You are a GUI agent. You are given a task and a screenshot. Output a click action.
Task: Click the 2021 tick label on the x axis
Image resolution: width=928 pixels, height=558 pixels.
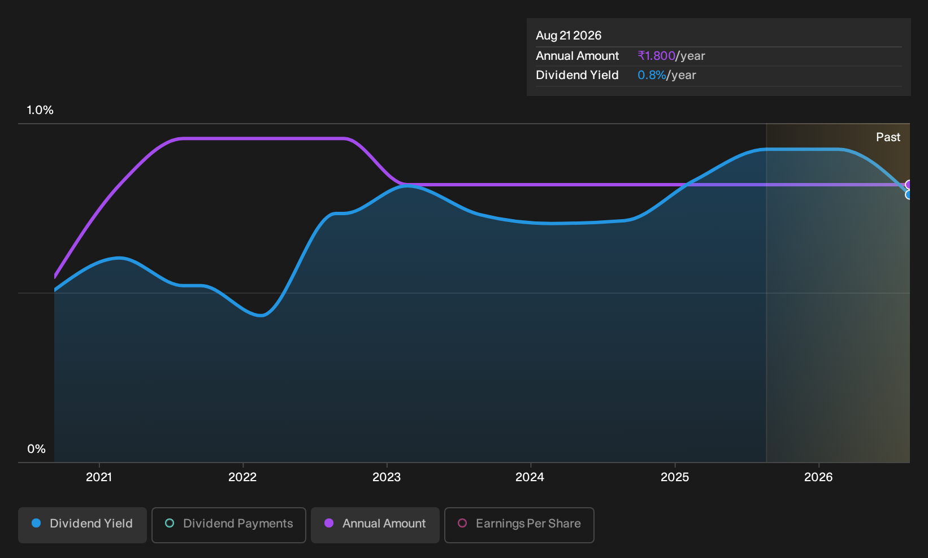pos(98,477)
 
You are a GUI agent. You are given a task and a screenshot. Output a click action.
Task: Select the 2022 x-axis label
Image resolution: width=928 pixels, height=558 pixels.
pos(242,477)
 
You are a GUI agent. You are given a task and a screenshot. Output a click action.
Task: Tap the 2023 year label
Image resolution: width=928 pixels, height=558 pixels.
pos(387,477)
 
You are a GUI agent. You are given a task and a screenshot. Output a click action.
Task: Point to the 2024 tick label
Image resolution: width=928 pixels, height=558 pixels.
pos(530,477)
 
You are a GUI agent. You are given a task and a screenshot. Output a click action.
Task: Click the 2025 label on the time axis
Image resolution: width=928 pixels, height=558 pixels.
pos(674,477)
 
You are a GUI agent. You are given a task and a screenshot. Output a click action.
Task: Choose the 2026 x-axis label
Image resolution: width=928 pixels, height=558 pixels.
pos(818,477)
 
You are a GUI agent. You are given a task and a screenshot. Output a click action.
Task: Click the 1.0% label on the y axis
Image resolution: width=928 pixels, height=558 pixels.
pos(40,110)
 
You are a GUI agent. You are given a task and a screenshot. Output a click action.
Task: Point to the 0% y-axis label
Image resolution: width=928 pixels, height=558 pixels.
pos(37,449)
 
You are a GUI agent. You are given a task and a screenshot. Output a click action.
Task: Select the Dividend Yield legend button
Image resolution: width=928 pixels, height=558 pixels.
pos(83,525)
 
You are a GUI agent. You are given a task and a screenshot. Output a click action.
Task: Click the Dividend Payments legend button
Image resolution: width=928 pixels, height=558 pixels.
pos(229,525)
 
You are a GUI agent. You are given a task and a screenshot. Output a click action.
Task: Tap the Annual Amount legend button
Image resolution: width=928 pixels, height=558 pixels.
pos(375,525)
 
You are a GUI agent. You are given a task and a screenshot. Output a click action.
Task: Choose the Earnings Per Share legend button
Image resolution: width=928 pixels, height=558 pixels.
pos(519,525)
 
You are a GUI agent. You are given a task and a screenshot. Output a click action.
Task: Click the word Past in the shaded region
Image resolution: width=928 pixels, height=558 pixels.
pos(888,137)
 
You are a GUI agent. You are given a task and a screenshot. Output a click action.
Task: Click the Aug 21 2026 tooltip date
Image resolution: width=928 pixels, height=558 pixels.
pos(569,36)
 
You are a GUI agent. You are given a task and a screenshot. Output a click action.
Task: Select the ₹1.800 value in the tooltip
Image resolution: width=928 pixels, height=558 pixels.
pos(657,55)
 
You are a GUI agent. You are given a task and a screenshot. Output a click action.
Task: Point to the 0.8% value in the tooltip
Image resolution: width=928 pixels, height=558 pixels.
pos(652,75)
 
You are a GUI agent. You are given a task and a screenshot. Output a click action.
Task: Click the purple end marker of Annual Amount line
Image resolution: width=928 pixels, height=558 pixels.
pos(909,185)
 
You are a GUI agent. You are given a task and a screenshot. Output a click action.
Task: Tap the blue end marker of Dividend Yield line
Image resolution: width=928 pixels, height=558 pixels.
pos(909,194)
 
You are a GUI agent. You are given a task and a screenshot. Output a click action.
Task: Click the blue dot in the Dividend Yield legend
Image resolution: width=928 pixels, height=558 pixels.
pos(37,523)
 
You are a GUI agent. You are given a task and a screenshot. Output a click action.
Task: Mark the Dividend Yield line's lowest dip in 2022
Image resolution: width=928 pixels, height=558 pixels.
pos(261,315)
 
